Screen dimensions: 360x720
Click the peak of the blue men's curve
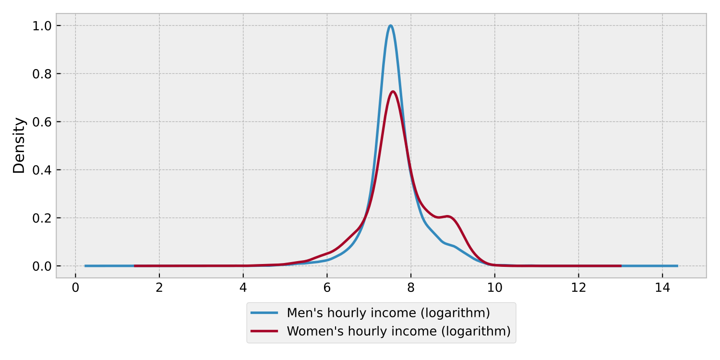click(391, 25)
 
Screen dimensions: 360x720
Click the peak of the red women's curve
click(393, 92)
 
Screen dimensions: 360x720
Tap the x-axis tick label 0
click(75, 288)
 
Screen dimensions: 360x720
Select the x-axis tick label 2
click(159, 288)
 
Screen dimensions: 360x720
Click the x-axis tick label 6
click(327, 288)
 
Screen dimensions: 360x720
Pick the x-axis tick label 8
click(411, 288)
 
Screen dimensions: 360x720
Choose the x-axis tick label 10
click(494, 288)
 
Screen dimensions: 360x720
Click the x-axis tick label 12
click(578, 288)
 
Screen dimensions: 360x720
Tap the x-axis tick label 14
click(662, 288)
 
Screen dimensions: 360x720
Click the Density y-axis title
click(19, 145)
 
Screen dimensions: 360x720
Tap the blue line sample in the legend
click(264, 313)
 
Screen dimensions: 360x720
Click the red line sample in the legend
click(264, 331)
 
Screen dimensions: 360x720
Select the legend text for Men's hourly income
click(388, 313)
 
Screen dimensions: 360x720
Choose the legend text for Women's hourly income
click(398, 331)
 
